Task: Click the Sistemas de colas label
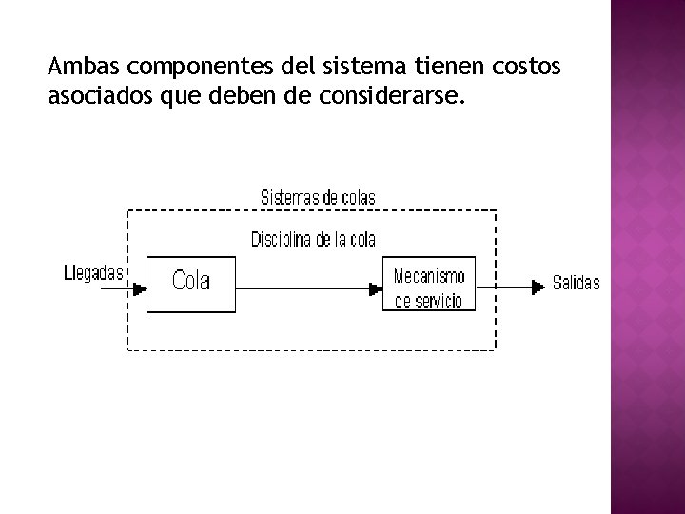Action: pos(318,198)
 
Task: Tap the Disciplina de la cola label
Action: pos(313,239)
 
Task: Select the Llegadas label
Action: pos(92,274)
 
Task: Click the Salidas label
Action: pos(577,284)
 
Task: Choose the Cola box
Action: pos(191,283)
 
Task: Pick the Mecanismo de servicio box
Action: pos(428,284)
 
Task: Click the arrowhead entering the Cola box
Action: pos(140,285)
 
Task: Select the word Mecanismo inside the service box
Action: pos(429,276)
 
